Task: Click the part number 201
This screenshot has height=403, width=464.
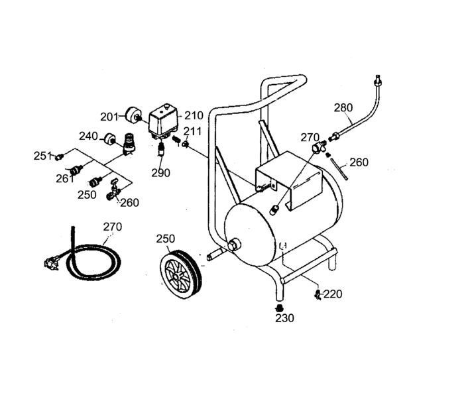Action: pyautogui.click(x=109, y=117)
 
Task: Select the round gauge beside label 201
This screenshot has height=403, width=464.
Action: pyautogui.click(x=127, y=116)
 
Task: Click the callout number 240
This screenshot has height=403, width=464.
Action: pyautogui.click(x=88, y=136)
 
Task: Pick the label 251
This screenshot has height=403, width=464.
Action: pyautogui.click(x=43, y=156)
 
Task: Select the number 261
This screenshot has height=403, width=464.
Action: pyautogui.click(x=64, y=178)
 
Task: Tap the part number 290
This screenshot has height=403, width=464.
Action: pyautogui.click(x=160, y=172)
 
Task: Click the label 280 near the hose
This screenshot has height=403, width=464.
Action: pyautogui.click(x=343, y=107)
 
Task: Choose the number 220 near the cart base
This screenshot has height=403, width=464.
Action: pyautogui.click(x=333, y=294)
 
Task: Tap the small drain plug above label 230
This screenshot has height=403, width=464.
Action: pyautogui.click(x=279, y=308)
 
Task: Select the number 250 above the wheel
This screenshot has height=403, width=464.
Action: pyautogui.click(x=166, y=238)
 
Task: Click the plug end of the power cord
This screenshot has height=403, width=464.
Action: pyautogui.click(x=47, y=264)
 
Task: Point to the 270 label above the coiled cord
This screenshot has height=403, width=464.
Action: pyautogui.click(x=113, y=226)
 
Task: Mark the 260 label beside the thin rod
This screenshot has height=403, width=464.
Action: pyautogui.click(x=359, y=162)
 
